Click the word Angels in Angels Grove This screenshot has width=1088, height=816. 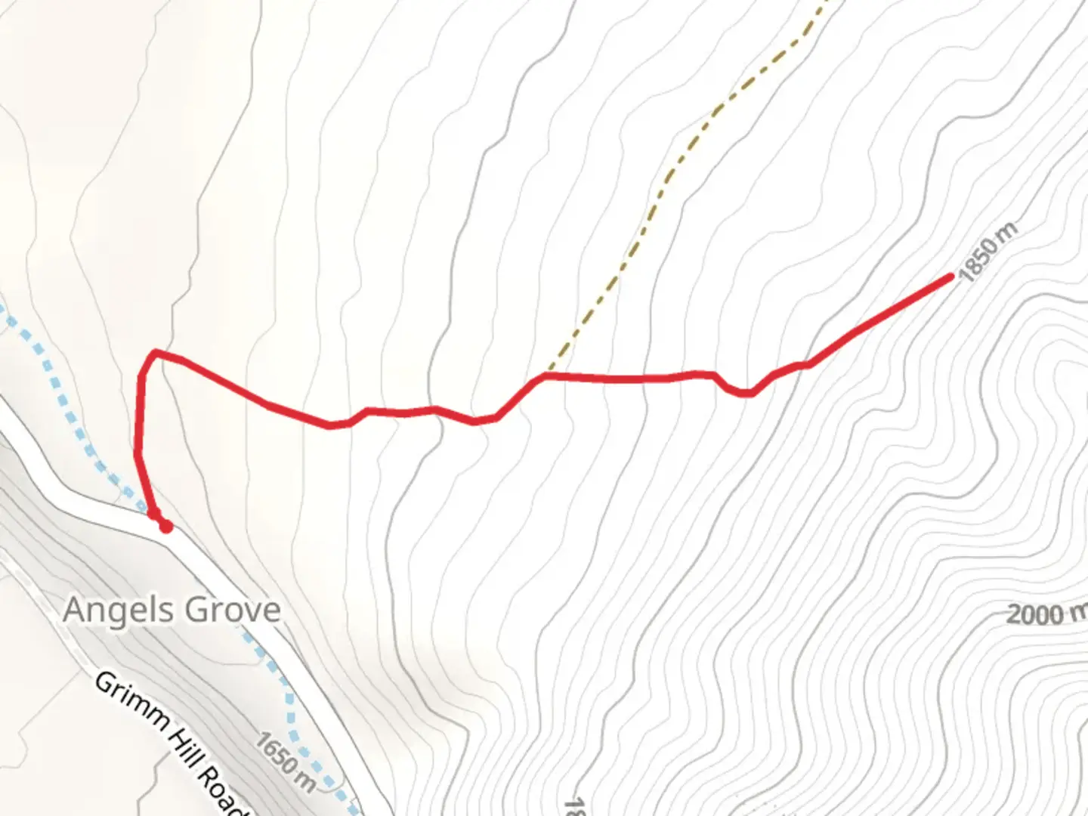click(x=118, y=610)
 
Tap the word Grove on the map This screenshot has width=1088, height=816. click(x=233, y=609)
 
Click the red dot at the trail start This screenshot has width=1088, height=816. click(x=165, y=527)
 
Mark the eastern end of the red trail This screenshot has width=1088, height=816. click(x=950, y=277)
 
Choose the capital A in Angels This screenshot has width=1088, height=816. click(x=74, y=609)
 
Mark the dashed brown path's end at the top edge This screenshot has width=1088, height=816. click(x=826, y=2)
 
